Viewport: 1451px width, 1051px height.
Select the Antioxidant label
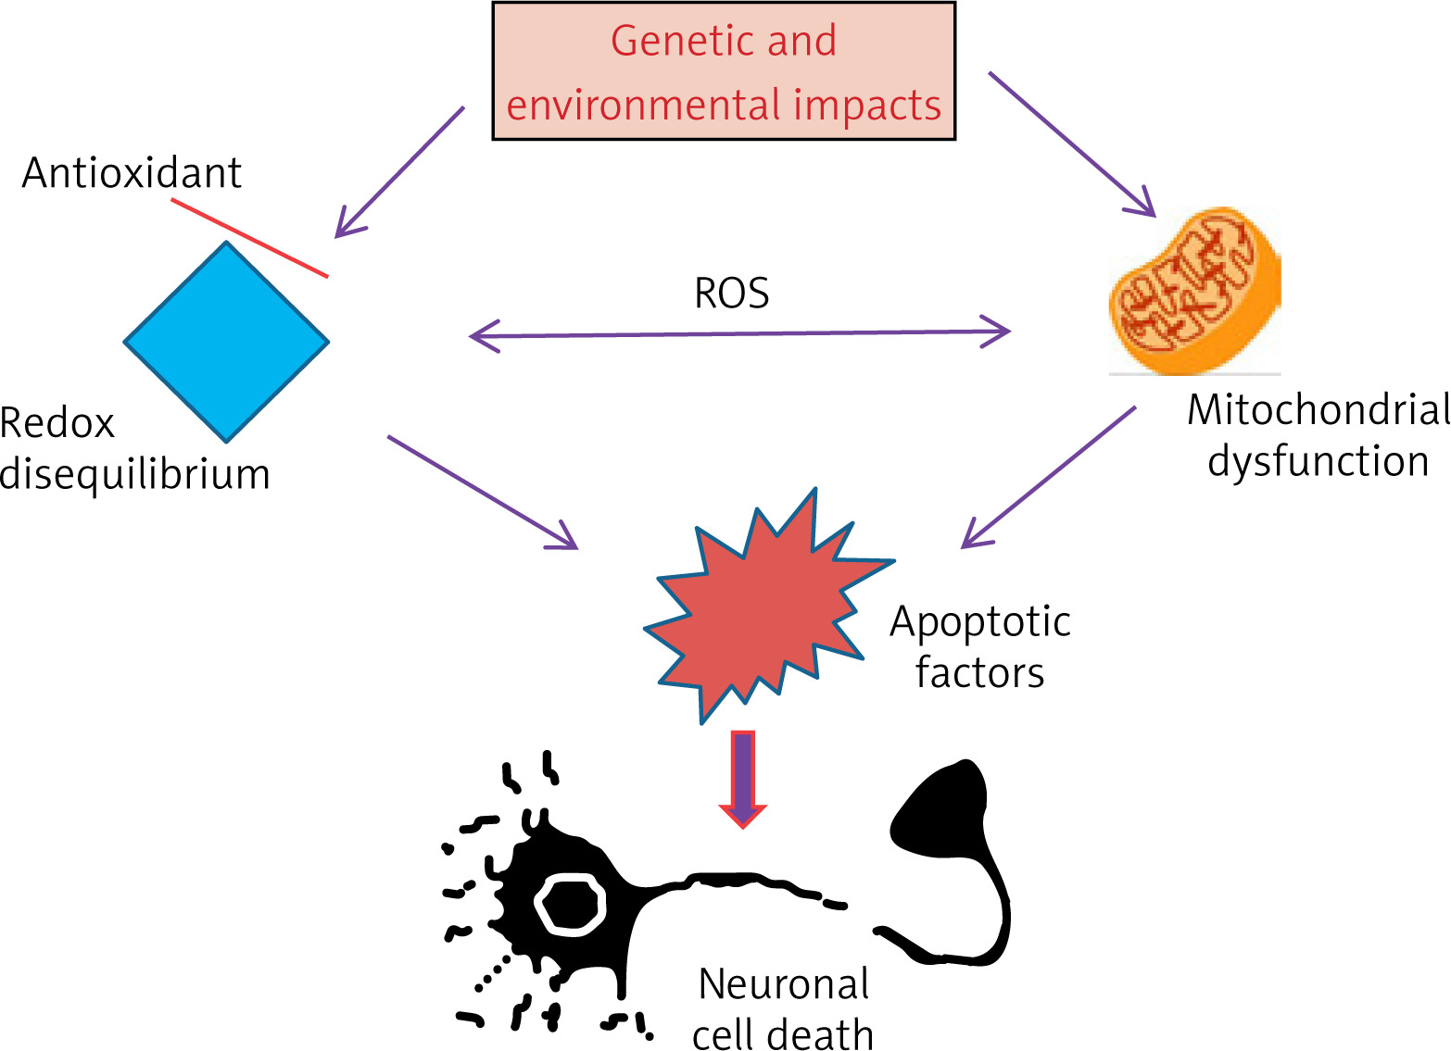pos(132,173)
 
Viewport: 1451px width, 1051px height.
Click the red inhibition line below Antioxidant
pos(249,238)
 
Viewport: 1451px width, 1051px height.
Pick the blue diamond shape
pos(226,342)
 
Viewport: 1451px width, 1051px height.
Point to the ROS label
pos(732,294)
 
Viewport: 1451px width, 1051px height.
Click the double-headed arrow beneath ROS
pos(739,333)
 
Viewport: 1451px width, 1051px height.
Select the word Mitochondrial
pos(1318,410)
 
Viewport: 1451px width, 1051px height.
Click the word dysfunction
pos(1318,461)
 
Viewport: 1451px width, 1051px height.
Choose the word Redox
pos(57,424)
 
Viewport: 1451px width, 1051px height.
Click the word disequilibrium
pos(135,474)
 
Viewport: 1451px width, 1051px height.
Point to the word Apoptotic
pos(979,621)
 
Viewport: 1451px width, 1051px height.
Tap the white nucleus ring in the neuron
pos(570,904)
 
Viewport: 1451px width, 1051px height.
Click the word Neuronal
pos(784,984)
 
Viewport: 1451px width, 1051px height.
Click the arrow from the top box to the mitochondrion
pos(1072,144)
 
